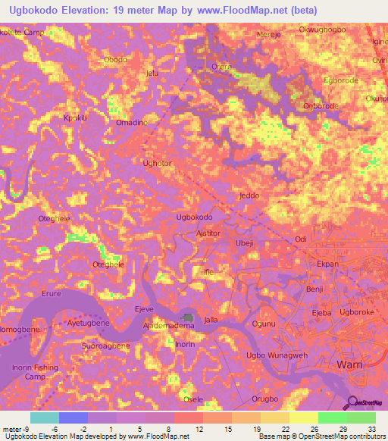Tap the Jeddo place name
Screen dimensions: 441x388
[x=249, y=195]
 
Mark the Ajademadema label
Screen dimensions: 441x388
[x=169, y=326]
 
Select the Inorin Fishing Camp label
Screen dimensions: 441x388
[x=35, y=371]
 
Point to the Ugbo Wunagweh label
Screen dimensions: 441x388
[x=277, y=355]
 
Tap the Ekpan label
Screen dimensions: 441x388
[x=327, y=264]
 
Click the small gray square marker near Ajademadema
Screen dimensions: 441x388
[x=187, y=317]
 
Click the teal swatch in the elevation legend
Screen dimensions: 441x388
[x=45, y=418]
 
